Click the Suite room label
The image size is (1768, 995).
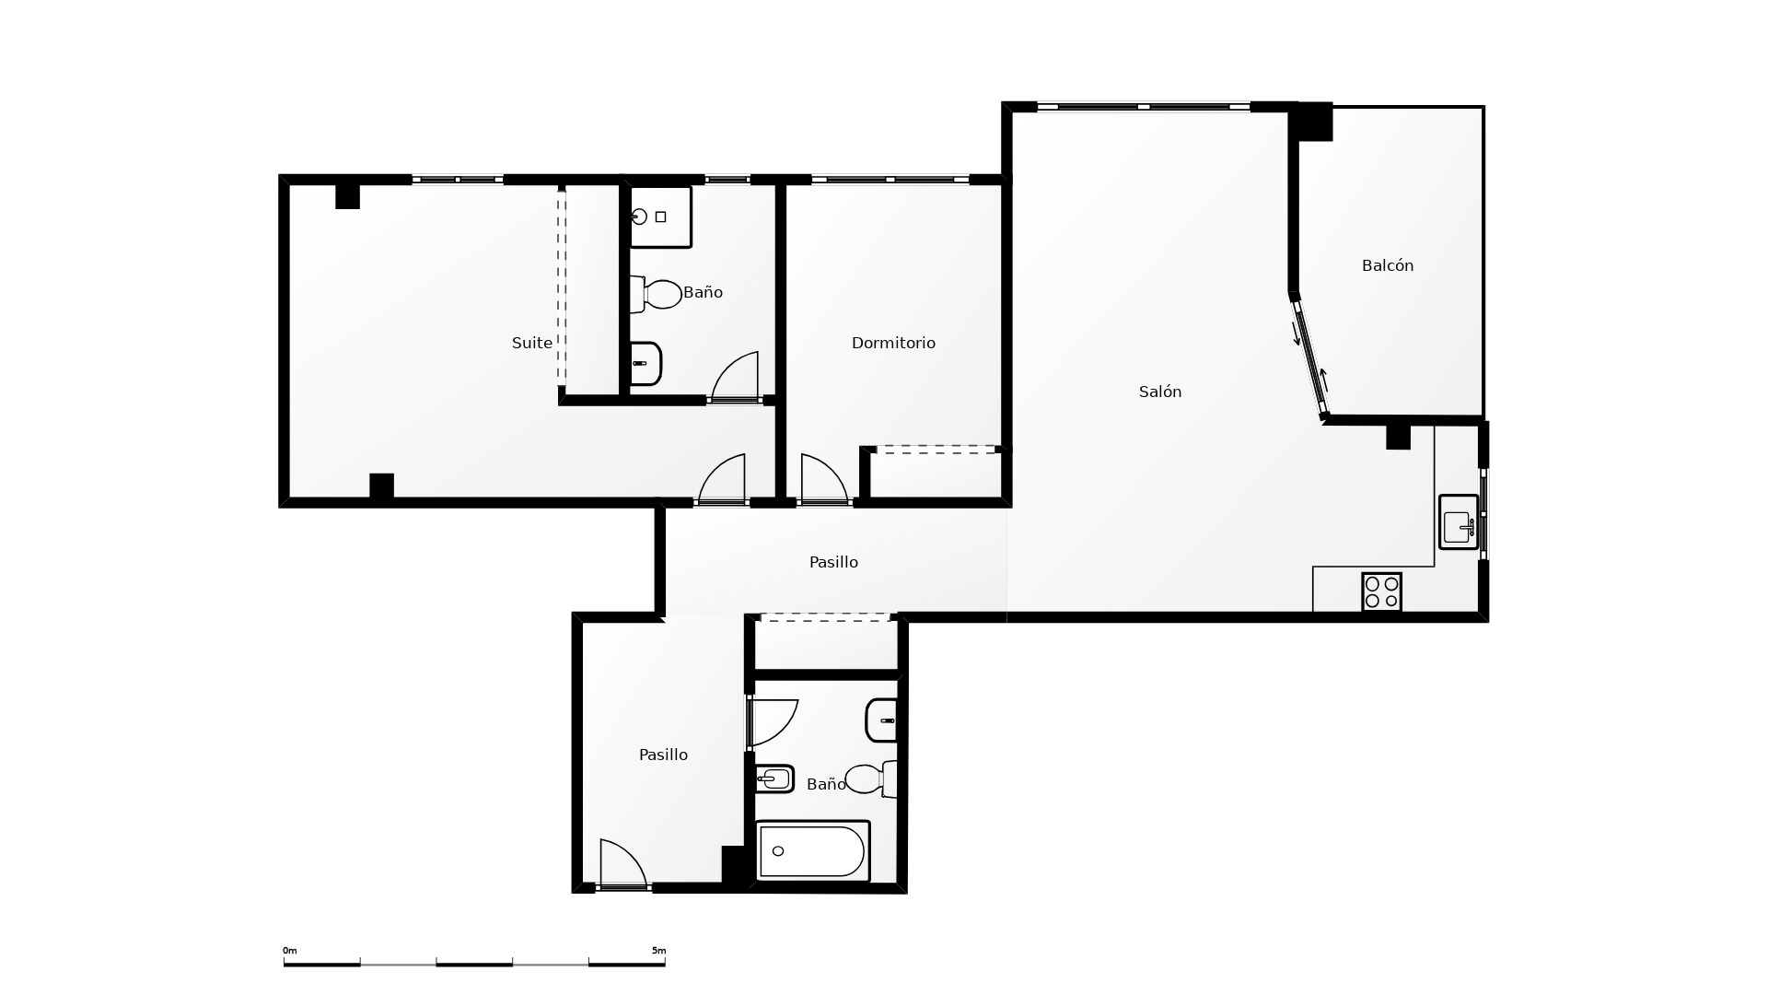pos(532,343)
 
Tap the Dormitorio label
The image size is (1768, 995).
pos(893,343)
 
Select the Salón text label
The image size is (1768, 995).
pos(1160,392)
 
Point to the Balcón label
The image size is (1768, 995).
pos(1388,265)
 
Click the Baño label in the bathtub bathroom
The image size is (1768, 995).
pos(826,784)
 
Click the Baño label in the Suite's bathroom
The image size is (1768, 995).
pos(703,292)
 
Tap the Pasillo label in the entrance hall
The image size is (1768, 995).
pos(663,755)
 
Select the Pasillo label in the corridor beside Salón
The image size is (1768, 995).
pos(833,562)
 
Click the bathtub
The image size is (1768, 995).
pos(813,851)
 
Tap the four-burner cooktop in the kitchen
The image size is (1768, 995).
pos(1381,592)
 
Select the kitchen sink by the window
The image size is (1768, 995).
pos(1459,522)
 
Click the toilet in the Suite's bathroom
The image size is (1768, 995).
pos(656,294)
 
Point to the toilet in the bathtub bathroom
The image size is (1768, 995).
pos(871,778)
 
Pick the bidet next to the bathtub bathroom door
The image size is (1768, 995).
pos(774,779)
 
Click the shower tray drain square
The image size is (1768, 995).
pos(660,217)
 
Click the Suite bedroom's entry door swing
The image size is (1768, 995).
pos(721,479)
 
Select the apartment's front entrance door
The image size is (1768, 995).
pos(622,864)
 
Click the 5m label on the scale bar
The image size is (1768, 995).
pos(658,951)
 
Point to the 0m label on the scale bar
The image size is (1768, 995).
pos(290,951)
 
